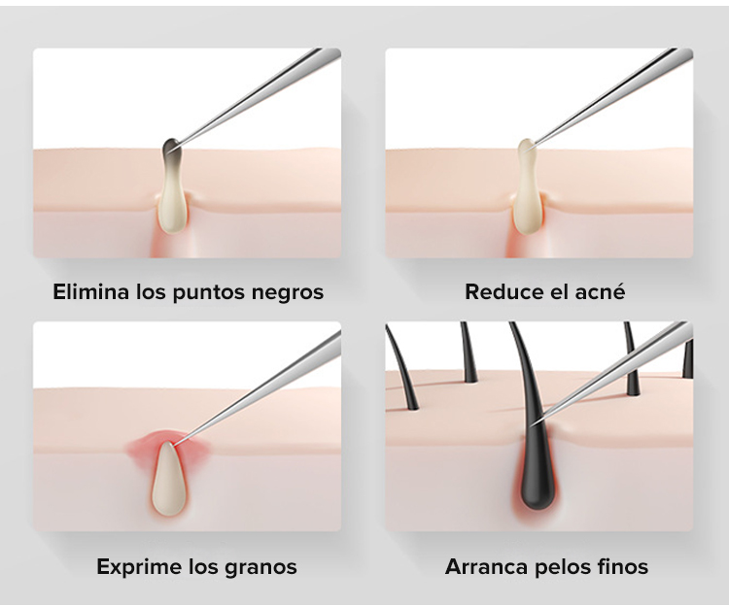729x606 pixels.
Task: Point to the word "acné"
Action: pyautogui.click(x=600, y=291)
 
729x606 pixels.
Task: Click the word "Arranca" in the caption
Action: pyautogui.click(x=484, y=566)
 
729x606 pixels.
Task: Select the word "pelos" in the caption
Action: pyautogui.click(x=563, y=566)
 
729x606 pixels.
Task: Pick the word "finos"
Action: pyautogui.click(x=624, y=566)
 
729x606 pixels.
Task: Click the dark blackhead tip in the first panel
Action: pyautogui.click(x=170, y=149)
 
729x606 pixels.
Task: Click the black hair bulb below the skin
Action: pyautogui.click(x=528, y=476)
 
